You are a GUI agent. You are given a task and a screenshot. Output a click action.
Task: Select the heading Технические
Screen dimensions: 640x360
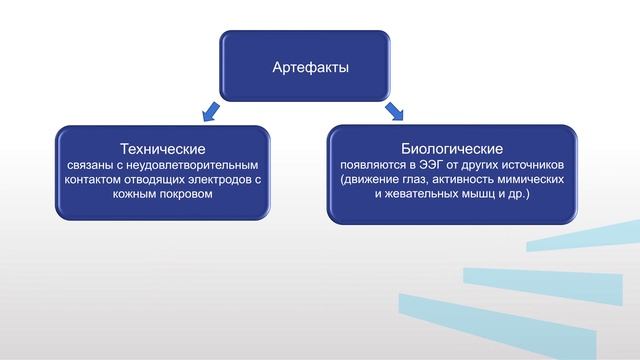(x=162, y=147)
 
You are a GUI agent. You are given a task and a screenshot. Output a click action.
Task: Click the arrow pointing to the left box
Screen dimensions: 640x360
(x=210, y=108)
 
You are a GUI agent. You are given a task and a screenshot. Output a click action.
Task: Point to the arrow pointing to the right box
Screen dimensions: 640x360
(x=393, y=108)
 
